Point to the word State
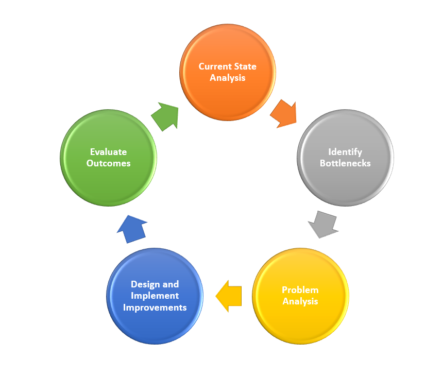pos(245,66)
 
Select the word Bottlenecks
pos(345,163)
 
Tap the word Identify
pos(345,152)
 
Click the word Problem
pos(300,290)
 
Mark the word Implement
pos(155,296)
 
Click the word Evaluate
pos(108,152)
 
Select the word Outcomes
pos(108,163)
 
